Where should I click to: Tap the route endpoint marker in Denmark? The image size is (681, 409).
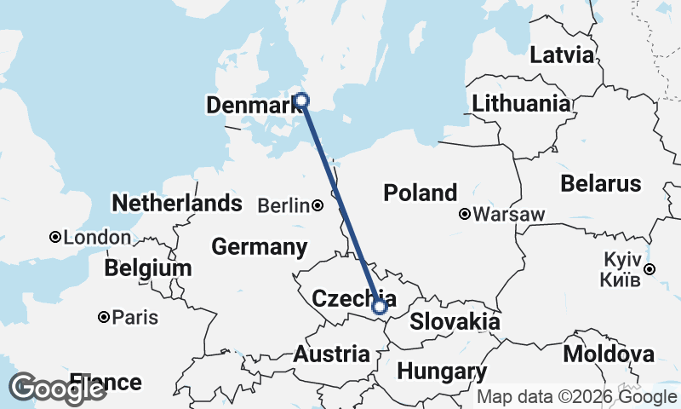point(301,101)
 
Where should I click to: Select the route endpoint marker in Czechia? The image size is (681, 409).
point(380,306)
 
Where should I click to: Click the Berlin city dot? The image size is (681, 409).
point(318,205)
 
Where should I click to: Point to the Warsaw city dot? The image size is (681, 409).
point(465,214)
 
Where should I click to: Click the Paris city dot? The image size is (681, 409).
point(103,317)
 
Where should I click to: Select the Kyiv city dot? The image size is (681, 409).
point(650,269)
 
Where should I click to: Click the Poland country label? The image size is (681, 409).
point(420,193)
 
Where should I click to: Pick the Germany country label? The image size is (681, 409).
point(259,247)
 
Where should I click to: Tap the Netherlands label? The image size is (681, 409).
point(177,204)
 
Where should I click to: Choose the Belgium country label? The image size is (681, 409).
point(148,268)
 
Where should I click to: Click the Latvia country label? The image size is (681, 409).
point(562,55)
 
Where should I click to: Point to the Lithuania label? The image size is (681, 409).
point(521,104)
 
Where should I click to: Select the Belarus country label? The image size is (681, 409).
point(601,183)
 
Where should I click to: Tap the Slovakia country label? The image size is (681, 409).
point(455,322)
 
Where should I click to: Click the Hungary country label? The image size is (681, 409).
point(441,372)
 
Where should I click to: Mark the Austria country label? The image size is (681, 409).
point(332,354)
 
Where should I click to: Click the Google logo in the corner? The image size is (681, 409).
point(58,389)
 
